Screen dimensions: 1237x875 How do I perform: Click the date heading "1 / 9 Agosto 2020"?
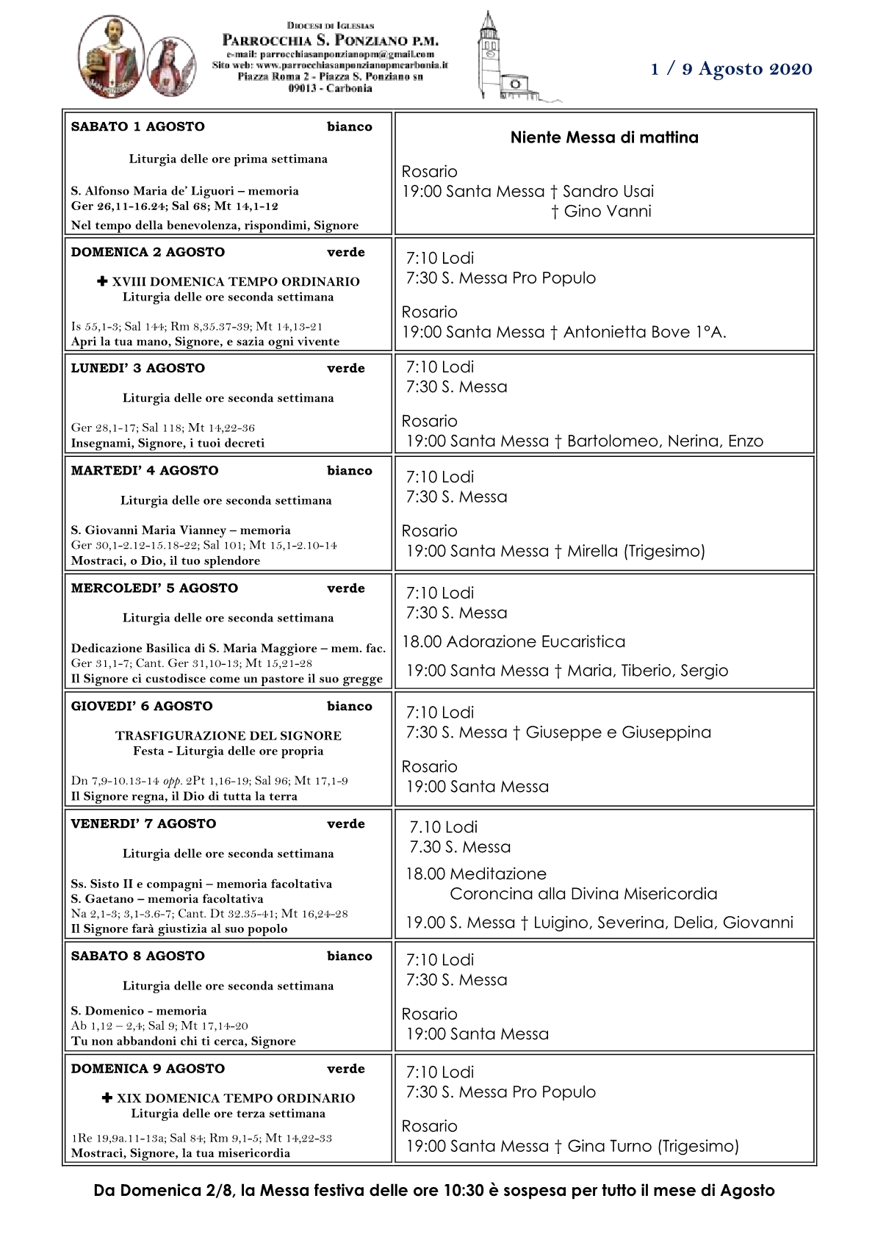coord(731,69)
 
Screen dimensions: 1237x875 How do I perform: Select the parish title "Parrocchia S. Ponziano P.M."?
coord(330,40)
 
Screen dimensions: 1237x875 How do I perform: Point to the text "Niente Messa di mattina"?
coord(604,137)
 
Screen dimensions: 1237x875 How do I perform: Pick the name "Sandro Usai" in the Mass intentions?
coord(608,192)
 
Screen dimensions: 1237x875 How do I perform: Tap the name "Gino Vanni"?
coord(608,212)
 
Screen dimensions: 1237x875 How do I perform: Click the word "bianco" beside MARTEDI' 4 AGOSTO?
coord(349,471)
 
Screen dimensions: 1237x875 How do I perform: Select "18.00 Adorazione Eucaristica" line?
coord(514,642)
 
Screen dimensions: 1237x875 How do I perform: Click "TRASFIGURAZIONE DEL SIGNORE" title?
coord(228,735)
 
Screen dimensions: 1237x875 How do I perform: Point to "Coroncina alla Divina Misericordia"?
coord(583,894)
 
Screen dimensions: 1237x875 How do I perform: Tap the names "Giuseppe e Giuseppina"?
coord(618,732)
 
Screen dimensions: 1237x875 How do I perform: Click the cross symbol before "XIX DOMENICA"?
coord(107,1097)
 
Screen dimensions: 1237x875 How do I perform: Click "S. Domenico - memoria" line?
coord(139,1011)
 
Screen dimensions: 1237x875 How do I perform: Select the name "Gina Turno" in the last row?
coord(609,1146)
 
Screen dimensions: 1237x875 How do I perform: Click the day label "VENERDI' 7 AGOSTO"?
coord(143,823)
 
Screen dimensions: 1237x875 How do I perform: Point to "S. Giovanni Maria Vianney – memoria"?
coord(181,530)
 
